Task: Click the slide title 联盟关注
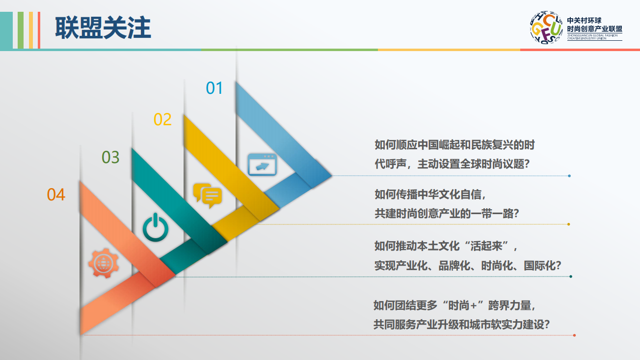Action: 103,28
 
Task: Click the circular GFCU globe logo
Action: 546,28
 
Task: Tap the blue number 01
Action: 214,88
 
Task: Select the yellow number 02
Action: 162,119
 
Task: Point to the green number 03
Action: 110,157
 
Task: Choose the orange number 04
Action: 56,194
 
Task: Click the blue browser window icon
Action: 262,165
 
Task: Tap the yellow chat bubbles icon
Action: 208,195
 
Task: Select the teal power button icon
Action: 156,227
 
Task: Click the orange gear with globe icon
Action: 104,263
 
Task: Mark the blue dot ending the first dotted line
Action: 569,176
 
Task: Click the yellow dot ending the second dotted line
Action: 568,224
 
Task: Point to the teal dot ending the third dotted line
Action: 571,277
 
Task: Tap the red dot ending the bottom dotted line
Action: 574,335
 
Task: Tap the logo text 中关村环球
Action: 584,21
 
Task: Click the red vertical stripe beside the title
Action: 39,30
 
